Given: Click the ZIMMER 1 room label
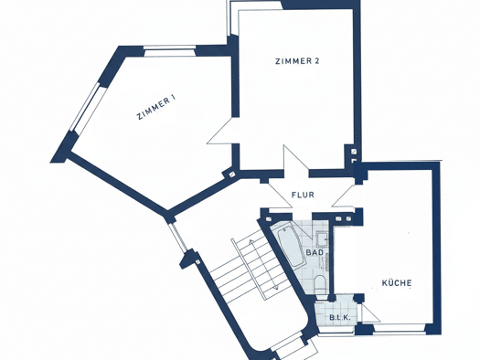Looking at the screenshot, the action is point(156,108).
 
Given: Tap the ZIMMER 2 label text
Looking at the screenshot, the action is point(297,61).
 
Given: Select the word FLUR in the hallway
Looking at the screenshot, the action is point(303,195).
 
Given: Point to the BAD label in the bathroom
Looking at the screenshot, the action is point(315,253).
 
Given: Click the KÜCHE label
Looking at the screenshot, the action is point(397,282).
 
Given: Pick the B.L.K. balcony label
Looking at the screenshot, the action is point(340,318).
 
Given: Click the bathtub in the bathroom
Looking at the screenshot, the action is point(291,247).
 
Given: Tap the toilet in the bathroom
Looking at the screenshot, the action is point(321,283).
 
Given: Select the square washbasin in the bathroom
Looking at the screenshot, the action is point(323,239).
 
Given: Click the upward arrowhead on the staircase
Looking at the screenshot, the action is point(251,242).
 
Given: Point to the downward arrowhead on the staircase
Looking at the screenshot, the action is point(275,287).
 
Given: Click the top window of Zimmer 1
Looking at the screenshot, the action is point(169,51).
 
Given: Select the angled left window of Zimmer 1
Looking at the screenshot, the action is point(88,108).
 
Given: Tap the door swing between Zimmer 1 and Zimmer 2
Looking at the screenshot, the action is point(219,131).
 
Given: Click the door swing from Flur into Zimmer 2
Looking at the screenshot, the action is point(296,161).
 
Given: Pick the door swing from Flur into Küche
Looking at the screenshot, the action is point(343,196).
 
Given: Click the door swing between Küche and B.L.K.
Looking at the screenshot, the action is point(370,312).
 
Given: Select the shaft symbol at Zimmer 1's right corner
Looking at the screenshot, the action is point(232,175).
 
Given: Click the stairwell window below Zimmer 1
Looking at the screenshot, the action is point(178,238).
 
